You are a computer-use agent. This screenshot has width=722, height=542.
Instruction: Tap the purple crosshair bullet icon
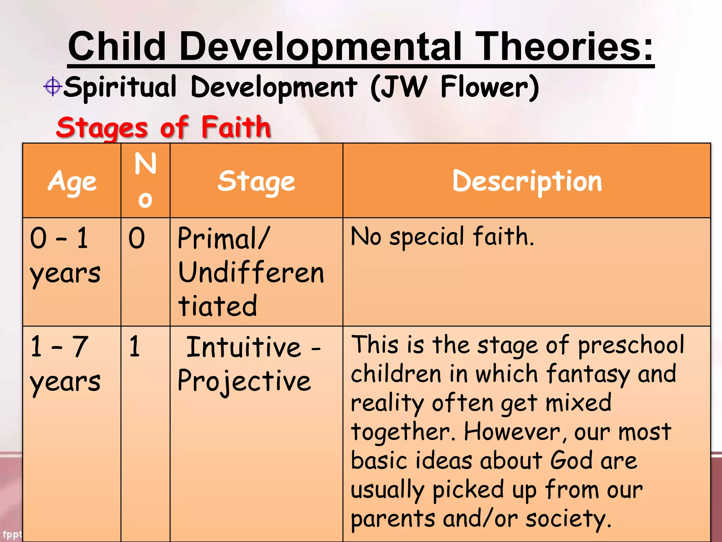pos(53,86)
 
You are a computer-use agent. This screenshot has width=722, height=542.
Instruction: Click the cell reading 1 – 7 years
pos(66,363)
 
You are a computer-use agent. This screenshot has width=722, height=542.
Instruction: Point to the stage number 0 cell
pos(137,239)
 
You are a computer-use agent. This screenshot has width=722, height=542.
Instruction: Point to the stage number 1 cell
pos(135,347)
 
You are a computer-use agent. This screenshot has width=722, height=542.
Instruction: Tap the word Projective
pos(244,381)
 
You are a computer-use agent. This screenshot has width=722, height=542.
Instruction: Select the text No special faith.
pos(442,236)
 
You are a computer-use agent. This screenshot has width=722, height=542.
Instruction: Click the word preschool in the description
pos(631,345)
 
